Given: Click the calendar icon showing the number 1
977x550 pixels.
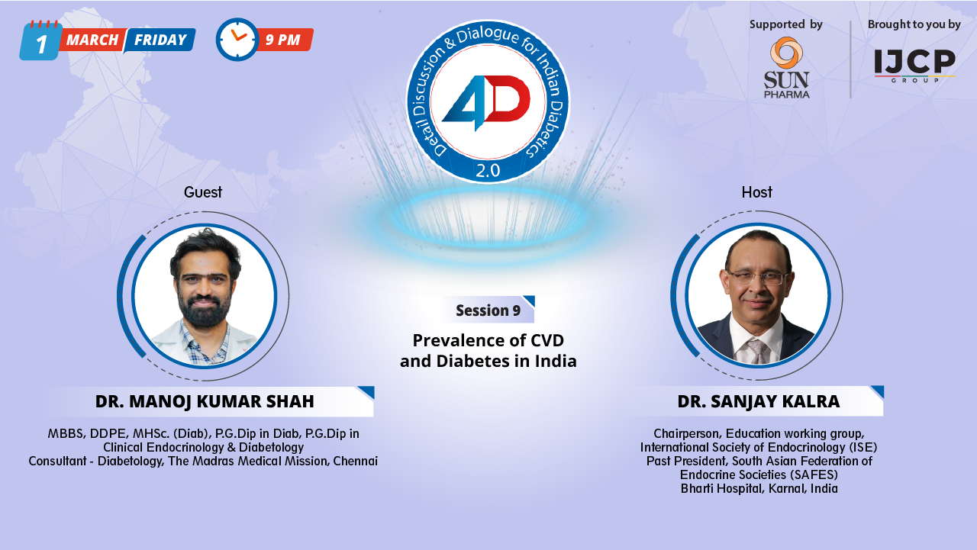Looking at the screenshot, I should [x=40, y=41].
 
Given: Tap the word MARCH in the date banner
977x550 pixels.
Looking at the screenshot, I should [x=92, y=40].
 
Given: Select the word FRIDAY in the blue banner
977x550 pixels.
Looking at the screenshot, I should [x=160, y=40].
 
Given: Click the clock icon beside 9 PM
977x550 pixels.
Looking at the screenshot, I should [x=237, y=40].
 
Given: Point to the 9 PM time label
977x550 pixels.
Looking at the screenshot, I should [x=283, y=40].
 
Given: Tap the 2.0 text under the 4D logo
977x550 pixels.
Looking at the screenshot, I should [x=488, y=171].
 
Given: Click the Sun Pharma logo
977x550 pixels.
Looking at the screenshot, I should [x=786, y=68].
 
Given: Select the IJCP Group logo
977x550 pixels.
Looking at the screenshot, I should [x=914, y=66].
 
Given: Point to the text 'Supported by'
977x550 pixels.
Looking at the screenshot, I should [x=785, y=24].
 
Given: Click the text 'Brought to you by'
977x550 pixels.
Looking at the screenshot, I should [x=914, y=24].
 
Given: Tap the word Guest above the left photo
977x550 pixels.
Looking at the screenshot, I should [x=203, y=192].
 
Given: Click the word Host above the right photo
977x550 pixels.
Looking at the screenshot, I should [x=756, y=192].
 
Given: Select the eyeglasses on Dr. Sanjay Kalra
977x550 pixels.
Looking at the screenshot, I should [x=756, y=277].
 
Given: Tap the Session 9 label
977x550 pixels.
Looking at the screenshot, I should [x=488, y=310].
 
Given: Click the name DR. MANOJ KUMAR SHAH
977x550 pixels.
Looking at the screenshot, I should [x=205, y=401].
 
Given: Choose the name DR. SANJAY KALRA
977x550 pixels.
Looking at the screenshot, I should [x=758, y=401].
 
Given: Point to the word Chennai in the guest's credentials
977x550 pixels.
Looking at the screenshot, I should [x=355, y=461].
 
